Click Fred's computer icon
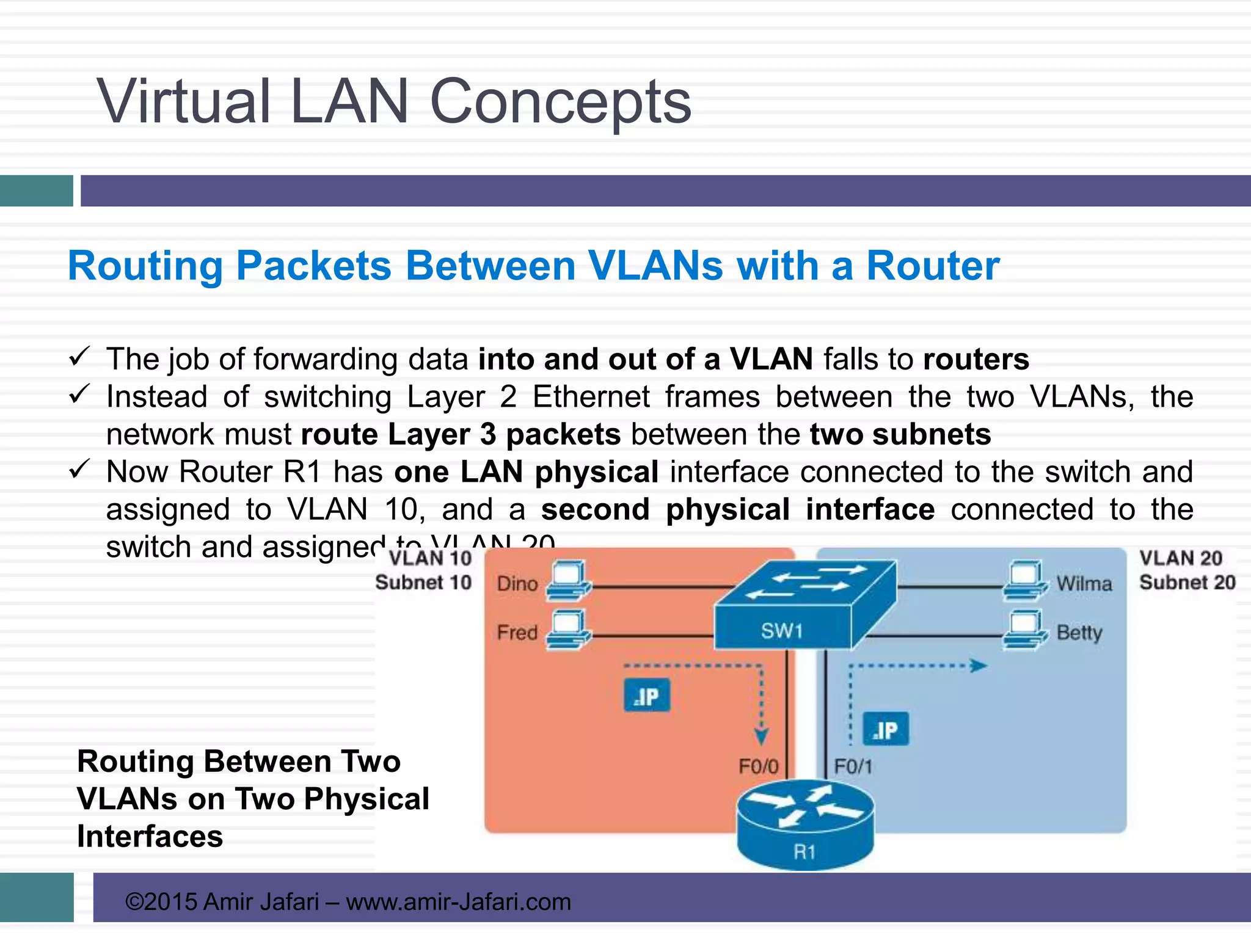[568, 630]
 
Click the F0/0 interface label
[758, 766]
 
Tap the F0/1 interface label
[853, 766]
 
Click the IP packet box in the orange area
[647, 696]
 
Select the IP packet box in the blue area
[886, 729]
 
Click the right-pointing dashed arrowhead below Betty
[979, 666]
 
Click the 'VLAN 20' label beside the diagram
[1180, 558]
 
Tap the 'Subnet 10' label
[423, 582]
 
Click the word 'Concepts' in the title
[560, 101]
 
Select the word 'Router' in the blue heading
[933, 266]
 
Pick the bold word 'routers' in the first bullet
[976, 359]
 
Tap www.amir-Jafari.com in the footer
[458, 902]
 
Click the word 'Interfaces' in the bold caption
[150, 836]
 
